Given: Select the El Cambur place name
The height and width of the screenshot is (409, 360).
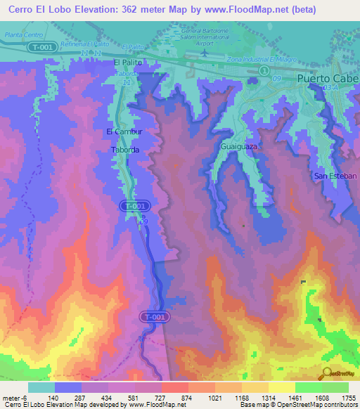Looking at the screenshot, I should tap(124, 131).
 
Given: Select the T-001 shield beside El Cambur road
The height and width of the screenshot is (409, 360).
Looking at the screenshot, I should tap(134, 206).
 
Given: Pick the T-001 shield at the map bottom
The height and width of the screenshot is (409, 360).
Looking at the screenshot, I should tap(155, 317).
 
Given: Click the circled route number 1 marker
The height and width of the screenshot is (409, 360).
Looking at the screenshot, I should tap(264, 71).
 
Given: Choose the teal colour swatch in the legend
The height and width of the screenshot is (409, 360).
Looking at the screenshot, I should tap(41, 387).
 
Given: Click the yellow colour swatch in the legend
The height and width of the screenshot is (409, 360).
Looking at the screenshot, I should tap(281, 387).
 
